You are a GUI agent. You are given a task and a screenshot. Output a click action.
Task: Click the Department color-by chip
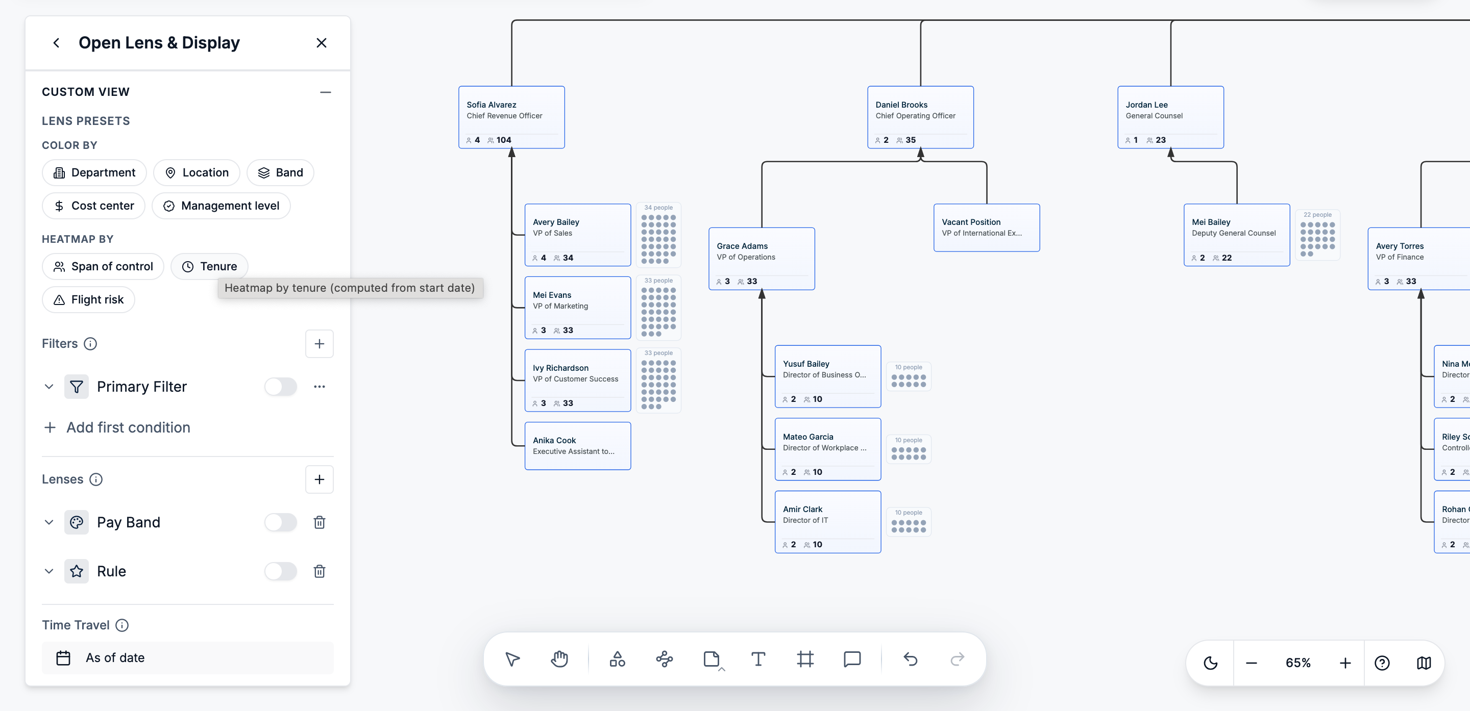coord(94,173)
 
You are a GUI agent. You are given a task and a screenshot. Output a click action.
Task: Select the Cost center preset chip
coord(93,206)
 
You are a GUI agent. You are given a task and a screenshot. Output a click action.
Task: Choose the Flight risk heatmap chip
coord(88,300)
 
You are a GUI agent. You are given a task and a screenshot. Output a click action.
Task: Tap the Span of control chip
coord(103,267)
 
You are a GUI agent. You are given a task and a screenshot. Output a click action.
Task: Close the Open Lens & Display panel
coord(321,43)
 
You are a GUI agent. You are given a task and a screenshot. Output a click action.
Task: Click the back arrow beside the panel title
coord(56,43)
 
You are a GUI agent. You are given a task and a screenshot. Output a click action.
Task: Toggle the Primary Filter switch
coord(281,387)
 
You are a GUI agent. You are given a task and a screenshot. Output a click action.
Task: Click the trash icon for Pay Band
coord(320,522)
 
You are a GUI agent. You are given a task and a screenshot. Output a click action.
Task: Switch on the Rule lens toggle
coord(281,571)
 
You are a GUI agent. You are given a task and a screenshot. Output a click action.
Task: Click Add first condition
coord(117,427)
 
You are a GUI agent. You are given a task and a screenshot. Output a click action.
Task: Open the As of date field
coord(188,658)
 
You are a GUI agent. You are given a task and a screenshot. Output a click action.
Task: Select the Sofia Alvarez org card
coord(511,117)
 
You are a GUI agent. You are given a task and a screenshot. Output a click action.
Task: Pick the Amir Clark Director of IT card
coord(827,522)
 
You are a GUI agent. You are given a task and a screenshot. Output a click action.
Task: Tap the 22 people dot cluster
coord(1317,235)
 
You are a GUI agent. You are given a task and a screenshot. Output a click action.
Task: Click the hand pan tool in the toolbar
coord(559,659)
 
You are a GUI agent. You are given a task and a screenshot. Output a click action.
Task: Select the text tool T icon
coord(758,659)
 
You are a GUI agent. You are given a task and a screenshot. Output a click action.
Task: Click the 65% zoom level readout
coord(1297,663)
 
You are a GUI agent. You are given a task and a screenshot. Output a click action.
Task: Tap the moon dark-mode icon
coord(1210,663)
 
